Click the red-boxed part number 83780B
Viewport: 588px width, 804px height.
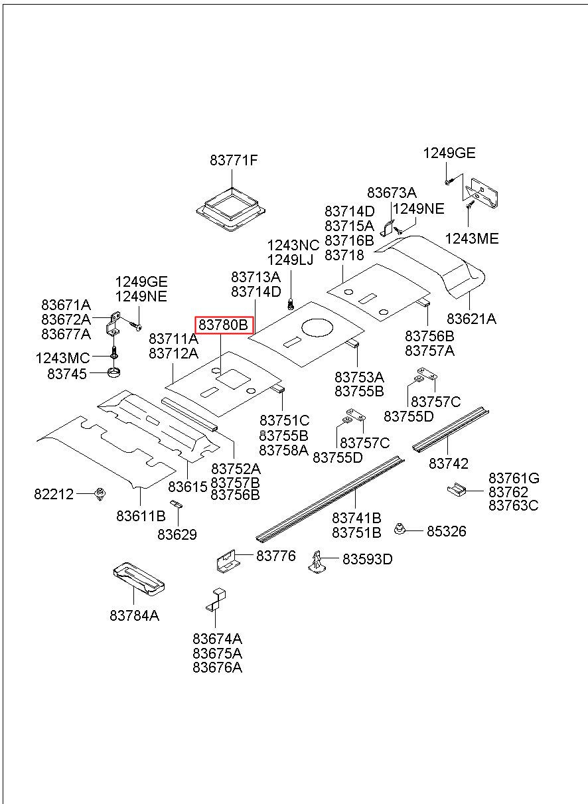click(224, 325)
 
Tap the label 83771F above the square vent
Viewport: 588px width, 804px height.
click(234, 161)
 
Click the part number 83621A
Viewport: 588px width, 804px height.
click(471, 319)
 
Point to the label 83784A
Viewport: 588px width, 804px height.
click(135, 615)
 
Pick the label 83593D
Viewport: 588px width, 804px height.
click(367, 560)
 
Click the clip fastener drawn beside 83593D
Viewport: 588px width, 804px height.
click(317, 561)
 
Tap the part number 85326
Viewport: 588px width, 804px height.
click(446, 531)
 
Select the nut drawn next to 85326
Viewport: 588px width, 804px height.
click(400, 529)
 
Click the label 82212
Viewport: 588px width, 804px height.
click(54, 494)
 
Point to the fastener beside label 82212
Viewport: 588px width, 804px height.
click(100, 494)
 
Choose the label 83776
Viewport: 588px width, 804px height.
click(275, 556)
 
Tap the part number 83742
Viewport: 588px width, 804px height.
click(449, 463)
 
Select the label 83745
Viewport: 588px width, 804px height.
click(67, 374)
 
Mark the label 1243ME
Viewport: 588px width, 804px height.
click(471, 239)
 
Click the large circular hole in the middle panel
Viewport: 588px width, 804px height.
click(321, 327)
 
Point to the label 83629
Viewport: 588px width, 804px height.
click(177, 534)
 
